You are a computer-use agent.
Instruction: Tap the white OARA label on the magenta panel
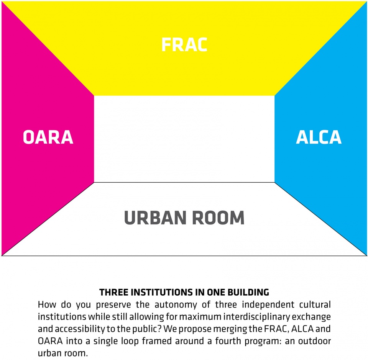(x=48, y=137)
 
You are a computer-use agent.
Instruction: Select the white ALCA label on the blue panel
(x=319, y=137)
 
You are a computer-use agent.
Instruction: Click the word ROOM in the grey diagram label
(x=219, y=218)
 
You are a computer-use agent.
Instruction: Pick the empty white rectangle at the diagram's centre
(x=184, y=139)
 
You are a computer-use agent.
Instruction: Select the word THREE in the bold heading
(x=114, y=293)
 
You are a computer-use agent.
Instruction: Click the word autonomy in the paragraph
(x=176, y=304)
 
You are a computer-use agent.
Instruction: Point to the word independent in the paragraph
(x=268, y=304)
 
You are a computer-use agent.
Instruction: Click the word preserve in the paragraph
(x=113, y=304)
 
